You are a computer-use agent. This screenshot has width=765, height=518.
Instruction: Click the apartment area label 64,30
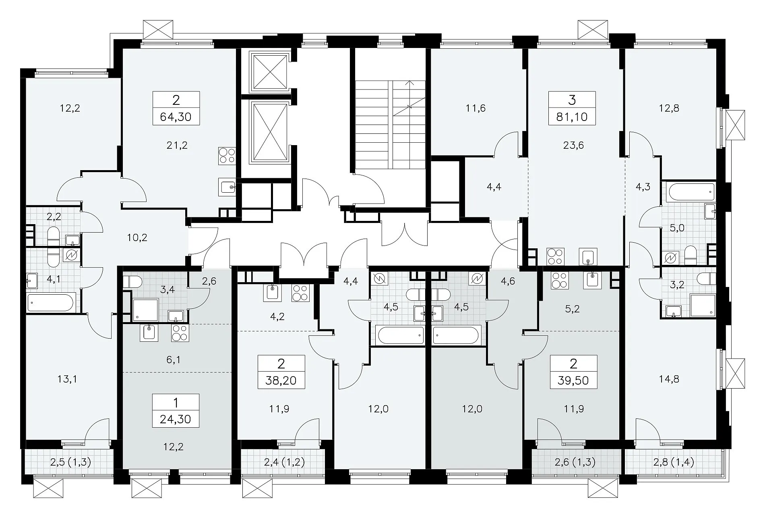[176, 117]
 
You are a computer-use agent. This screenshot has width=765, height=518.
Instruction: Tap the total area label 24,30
[176, 419]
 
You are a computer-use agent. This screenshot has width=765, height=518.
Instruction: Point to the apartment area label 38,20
[281, 380]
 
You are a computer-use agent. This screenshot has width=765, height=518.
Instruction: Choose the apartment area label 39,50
[573, 380]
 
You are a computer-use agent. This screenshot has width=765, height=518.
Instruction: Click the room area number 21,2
[177, 145]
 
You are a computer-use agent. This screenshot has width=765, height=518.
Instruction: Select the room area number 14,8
[670, 379]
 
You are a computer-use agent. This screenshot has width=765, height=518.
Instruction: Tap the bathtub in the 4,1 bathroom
[51, 303]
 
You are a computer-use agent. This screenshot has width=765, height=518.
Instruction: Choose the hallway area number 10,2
[137, 237]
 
